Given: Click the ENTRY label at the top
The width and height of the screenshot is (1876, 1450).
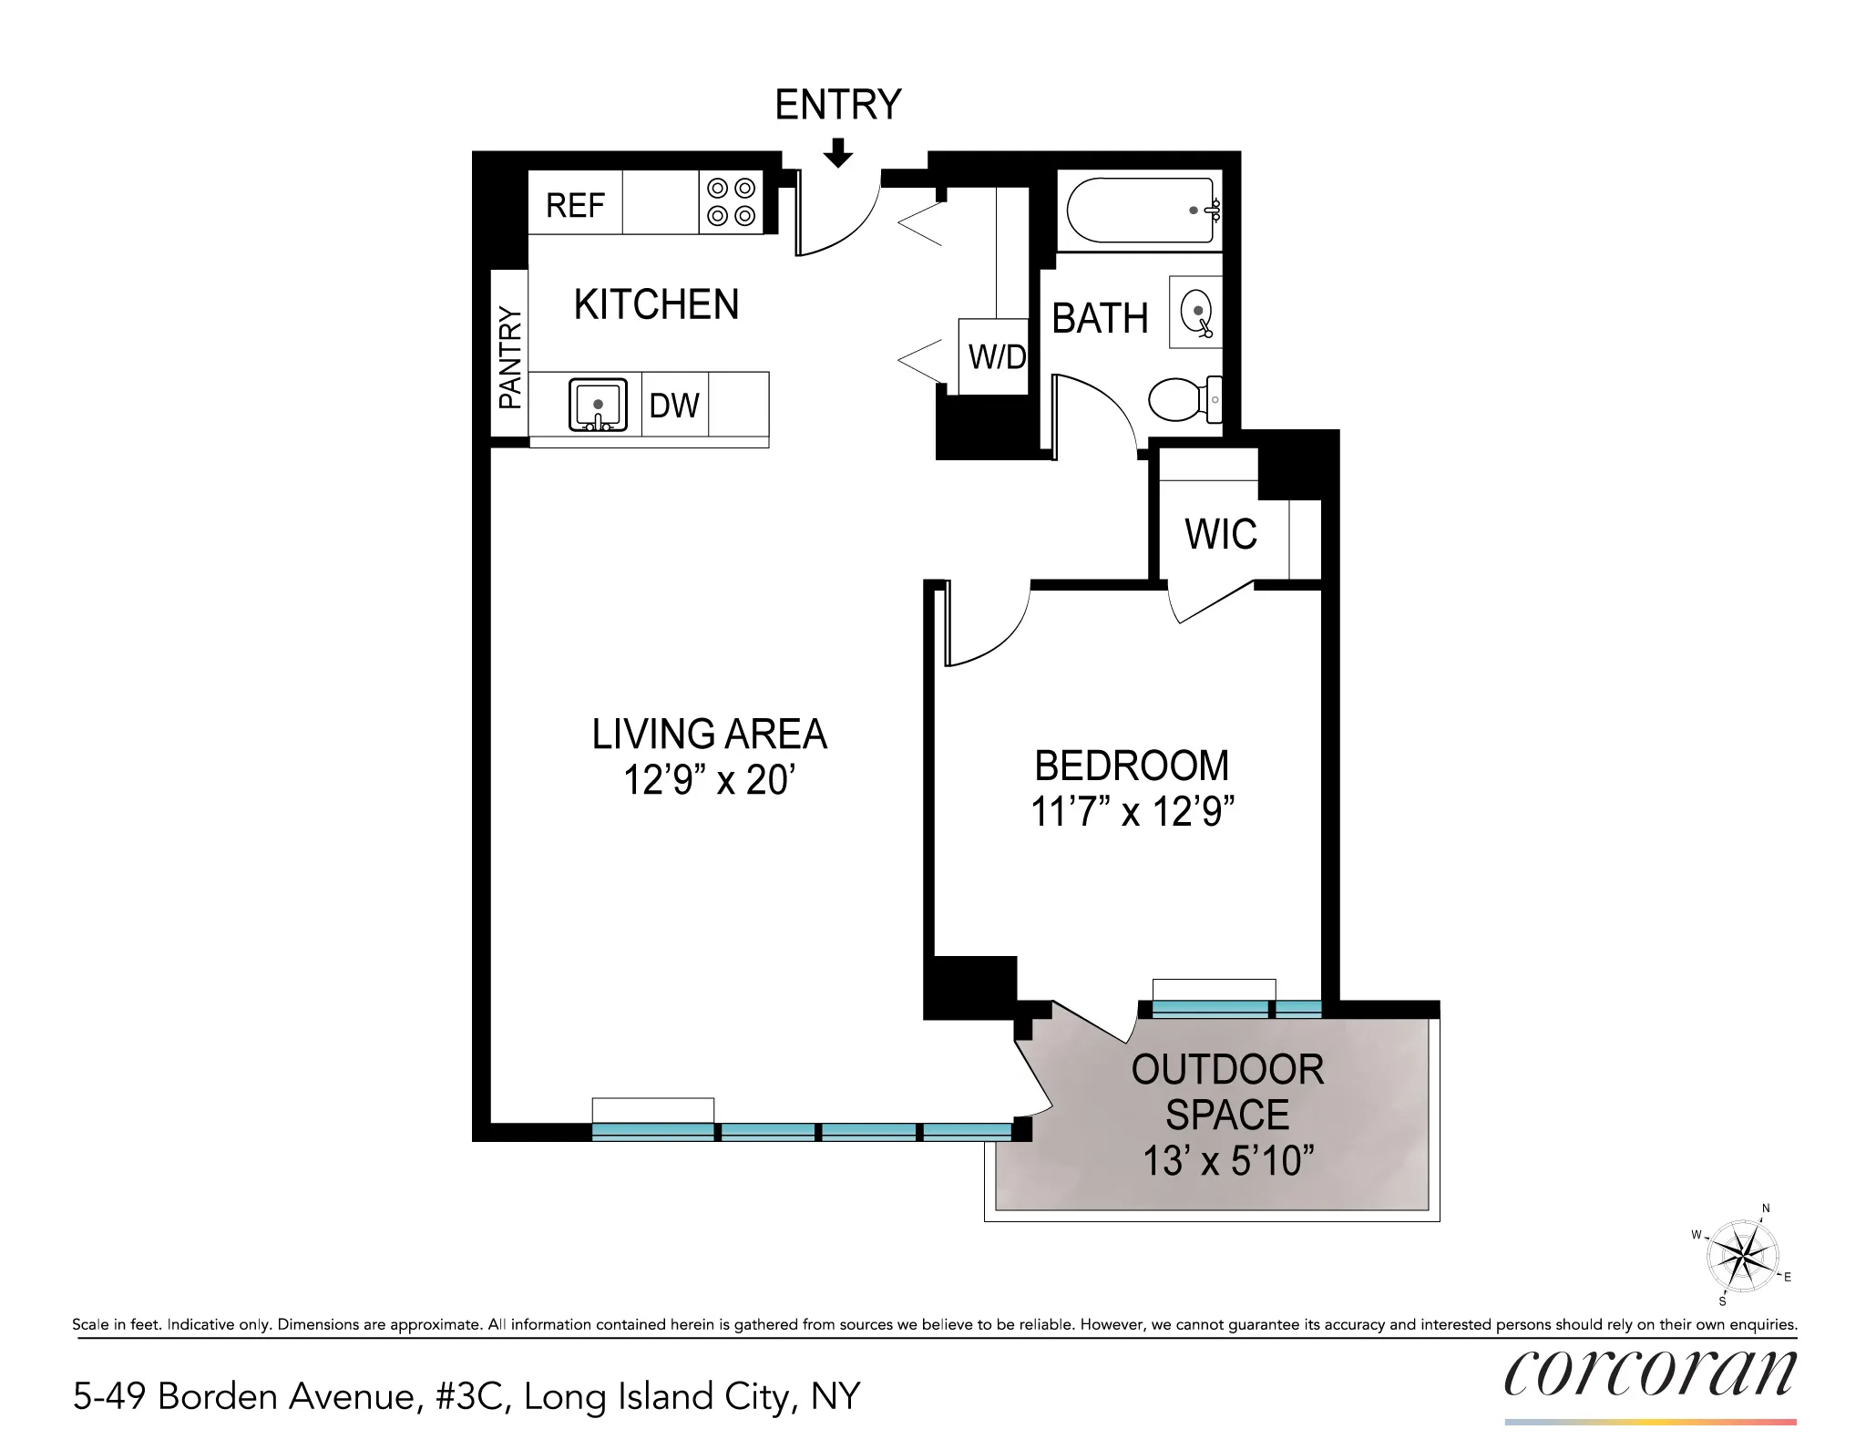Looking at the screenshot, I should (x=837, y=105).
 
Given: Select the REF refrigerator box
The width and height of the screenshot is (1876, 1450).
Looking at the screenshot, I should (x=575, y=204).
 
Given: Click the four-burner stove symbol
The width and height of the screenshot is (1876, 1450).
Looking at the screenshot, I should (x=731, y=202).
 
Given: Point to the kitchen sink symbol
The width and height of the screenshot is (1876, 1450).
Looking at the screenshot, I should (x=598, y=405).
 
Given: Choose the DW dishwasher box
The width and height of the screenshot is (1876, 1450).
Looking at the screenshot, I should (x=674, y=405).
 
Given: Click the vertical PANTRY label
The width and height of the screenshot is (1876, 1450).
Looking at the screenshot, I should (x=510, y=358).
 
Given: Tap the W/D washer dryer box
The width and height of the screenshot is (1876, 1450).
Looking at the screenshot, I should (x=996, y=356).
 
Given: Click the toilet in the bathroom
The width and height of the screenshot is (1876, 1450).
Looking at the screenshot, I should (x=1183, y=399).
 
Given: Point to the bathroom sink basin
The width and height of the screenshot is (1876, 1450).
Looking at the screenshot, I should (x=1196, y=312).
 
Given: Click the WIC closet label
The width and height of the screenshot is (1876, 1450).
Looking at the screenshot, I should (x=1220, y=534).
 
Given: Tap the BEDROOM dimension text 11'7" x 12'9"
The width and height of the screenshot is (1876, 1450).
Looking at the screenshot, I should (x=1132, y=812).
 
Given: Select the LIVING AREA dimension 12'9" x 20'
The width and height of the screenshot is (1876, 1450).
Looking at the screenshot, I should (x=709, y=781).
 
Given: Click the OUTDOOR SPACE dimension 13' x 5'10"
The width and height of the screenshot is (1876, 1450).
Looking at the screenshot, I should (x=1227, y=1161).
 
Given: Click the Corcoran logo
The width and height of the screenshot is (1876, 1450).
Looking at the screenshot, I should (x=1649, y=1373).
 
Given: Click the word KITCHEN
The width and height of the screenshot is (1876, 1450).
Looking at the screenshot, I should (x=656, y=304).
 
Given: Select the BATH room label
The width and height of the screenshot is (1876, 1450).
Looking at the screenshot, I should (x=1100, y=319).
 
